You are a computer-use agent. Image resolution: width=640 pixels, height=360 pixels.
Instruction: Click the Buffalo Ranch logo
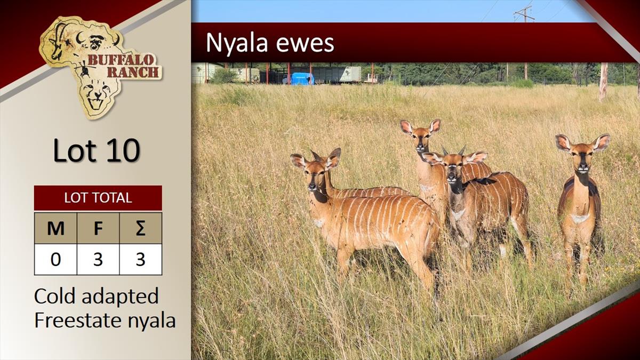[100, 67]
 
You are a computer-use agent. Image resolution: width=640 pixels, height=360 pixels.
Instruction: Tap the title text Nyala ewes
[270, 43]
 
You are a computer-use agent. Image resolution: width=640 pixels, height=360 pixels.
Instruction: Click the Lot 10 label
[97, 150]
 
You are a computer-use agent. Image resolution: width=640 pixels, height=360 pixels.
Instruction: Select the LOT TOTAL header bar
[98, 198]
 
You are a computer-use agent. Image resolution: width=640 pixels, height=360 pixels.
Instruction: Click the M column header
[55, 228]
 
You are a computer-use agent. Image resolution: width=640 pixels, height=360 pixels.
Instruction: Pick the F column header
[98, 228]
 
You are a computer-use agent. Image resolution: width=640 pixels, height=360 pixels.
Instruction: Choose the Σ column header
[141, 228]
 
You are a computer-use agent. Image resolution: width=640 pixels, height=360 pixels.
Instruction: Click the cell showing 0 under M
[55, 259]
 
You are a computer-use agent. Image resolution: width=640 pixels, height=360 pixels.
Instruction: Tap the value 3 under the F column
[98, 259]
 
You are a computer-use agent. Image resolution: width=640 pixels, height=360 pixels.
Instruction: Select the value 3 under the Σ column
[141, 259]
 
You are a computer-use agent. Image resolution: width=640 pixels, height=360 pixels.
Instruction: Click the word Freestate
[78, 321]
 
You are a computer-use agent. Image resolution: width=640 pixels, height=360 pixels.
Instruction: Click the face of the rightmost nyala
[582, 158]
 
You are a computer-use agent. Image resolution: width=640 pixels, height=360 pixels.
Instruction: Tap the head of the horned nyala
[454, 167]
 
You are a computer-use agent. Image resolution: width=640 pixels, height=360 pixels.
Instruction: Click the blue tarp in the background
[302, 78]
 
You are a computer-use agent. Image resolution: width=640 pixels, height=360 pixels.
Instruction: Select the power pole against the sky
[525, 14]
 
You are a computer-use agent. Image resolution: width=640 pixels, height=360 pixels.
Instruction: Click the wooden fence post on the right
[603, 82]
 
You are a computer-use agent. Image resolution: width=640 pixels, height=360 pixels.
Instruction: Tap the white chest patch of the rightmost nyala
[580, 218]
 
